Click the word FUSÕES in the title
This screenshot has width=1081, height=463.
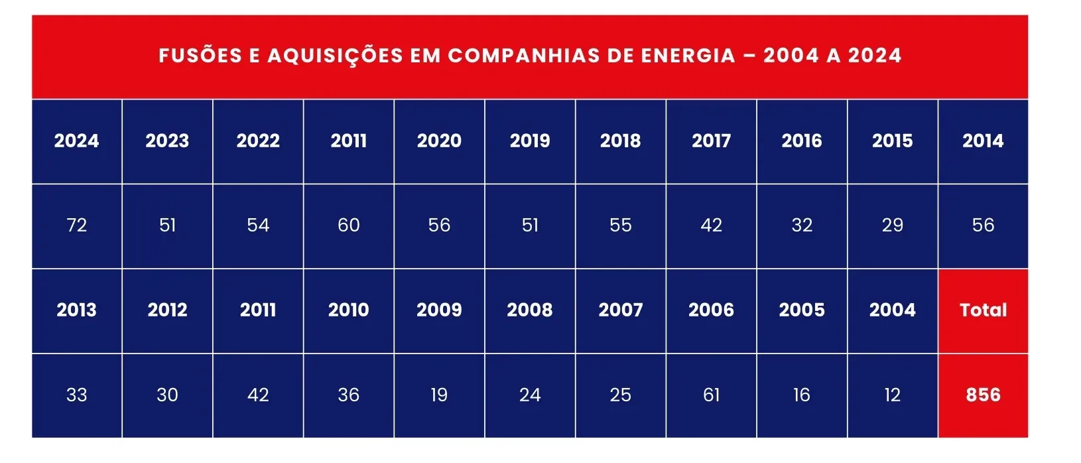(200, 56)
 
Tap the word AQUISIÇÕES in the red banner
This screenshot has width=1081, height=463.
(336, 56)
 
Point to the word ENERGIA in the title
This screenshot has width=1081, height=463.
(688, 56)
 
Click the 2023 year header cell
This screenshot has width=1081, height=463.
(168, 141)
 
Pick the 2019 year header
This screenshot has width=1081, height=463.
(530, 141)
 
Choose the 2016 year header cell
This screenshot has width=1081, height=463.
(802, 141)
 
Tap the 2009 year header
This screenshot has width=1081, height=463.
(439, 310)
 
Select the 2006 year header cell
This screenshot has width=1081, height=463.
(711, 310)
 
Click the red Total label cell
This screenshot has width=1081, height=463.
(983, 310)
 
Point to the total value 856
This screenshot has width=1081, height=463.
(983, 395)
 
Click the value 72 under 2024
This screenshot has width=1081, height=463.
(77, 226)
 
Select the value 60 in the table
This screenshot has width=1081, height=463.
(348, 226)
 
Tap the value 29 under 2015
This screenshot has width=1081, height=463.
(892, 226)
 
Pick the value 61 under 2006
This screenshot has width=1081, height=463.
(712, 395)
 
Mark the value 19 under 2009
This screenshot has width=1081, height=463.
(439, 395)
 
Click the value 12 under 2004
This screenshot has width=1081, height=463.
(892, 395)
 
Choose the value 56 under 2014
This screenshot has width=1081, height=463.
(983, 226)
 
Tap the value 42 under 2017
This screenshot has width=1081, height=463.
(712, 226)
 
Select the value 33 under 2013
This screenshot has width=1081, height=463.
(77, 395)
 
